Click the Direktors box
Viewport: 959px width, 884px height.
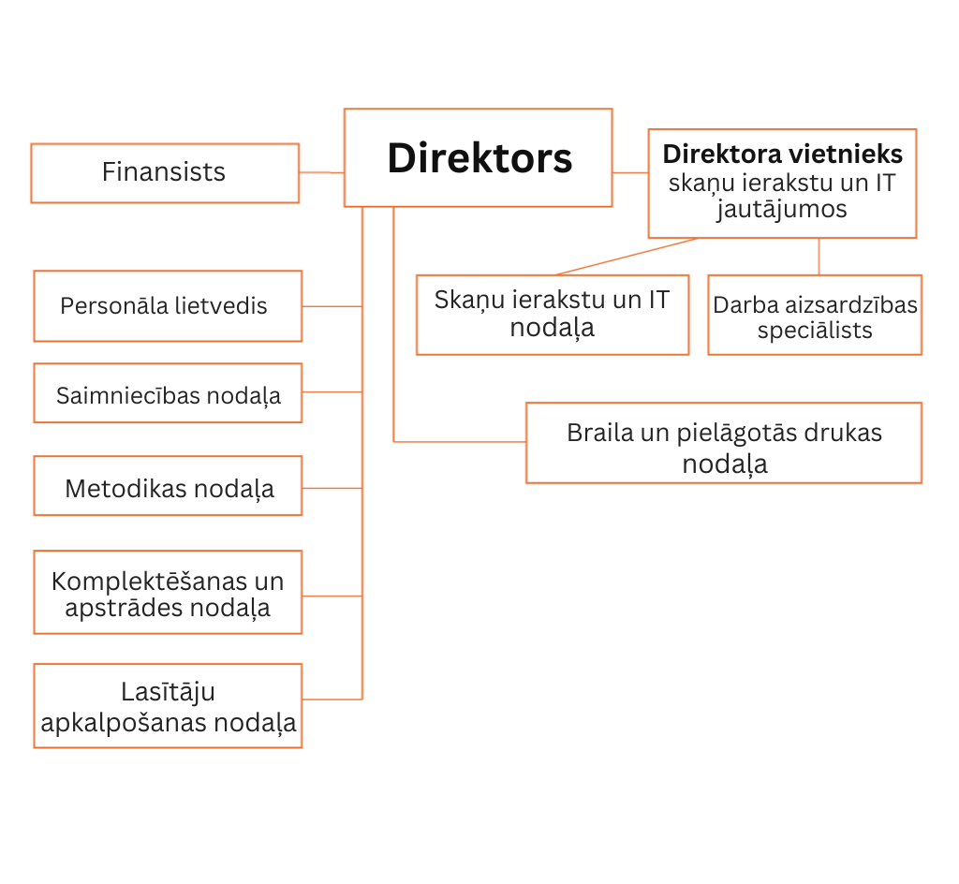pyautogui.click(x=478, y=157)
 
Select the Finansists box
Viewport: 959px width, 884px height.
pyautogui.click(x=164, y=172)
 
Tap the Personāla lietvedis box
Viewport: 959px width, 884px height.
pyautogui.click(x=167, y=306)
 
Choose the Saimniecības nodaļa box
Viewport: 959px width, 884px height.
pyautogui.click(x=167, y=393)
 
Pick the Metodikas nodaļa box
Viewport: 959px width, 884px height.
pyautogui.click(x=167, y=486)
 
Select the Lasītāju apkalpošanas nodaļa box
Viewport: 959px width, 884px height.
pyautogui.click(x=167, y=706)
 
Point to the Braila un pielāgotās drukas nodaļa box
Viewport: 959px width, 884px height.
pyautogui.click(x=723, y=443)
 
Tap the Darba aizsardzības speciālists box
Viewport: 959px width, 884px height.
pyautogui.click(x=814, y=316)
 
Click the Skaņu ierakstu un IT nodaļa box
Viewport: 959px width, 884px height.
pyautogui.click(x=552, y=315)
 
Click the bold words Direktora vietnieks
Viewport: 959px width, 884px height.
pyautogui.click(x=782, y=154)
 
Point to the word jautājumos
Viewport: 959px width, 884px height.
pyautogui.click(x=782, y=209)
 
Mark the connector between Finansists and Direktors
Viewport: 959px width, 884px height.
pyautogui.click(x=321, y=172)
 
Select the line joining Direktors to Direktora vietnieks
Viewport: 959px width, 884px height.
pyautogui.click(x=630, y=172)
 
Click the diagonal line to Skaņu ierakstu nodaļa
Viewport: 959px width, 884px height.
pyautogui.click(x=627, y=257)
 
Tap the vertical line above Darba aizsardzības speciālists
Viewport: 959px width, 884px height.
pyautogui.click(x=819, y=256)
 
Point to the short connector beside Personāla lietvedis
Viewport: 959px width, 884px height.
pyautogui.click(x=332, y=306)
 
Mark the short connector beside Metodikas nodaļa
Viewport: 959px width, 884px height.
pyautogui.click(x=332, y=488)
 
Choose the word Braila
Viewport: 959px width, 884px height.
pyautogui.click(x=595, y=433)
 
